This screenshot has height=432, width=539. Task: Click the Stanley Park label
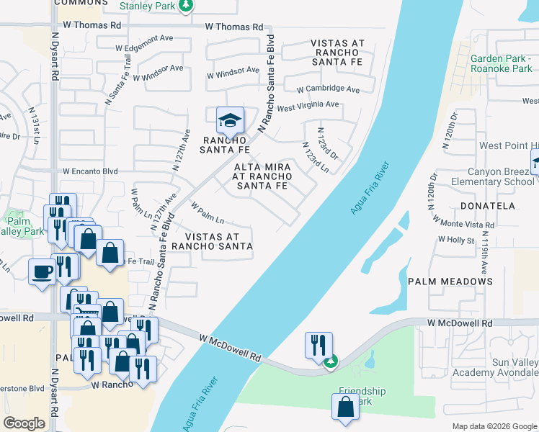(147, 6)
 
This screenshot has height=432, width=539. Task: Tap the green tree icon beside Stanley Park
(186, 6)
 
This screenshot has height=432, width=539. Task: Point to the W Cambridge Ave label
(327, 89)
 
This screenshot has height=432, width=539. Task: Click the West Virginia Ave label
(308, 105)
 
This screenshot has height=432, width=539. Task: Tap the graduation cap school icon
(230, 120)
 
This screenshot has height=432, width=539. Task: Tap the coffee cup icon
(42, 272)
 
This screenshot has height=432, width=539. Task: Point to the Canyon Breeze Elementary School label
(490, 176)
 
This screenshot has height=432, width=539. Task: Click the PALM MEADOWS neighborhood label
(451, 281)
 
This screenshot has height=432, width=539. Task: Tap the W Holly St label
(455, 240)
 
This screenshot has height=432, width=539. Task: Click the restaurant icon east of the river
(318, 345)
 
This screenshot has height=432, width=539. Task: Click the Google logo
(24, 423)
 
